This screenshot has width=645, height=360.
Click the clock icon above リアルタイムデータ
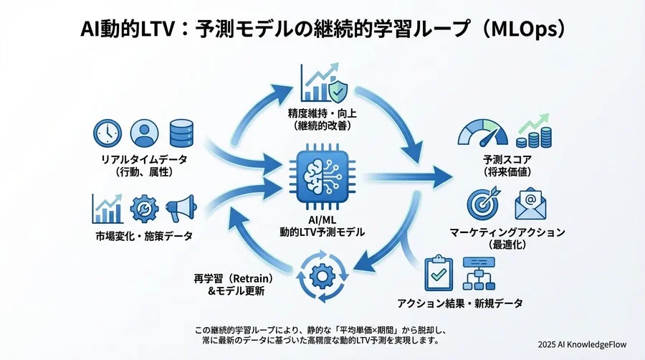[x=107, y=133]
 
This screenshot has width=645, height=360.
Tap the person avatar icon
[x=144, y=133]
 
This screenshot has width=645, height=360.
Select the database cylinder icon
[x=181, y=133]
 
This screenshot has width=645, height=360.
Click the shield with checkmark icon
[x=340, y=89]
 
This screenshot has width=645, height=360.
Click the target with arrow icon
[x=483, y=203]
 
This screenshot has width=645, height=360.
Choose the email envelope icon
[x=531, y=203]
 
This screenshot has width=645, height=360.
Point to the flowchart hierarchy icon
[x=480, y=272]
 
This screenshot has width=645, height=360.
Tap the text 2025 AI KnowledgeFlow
[x=582, y=344]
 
